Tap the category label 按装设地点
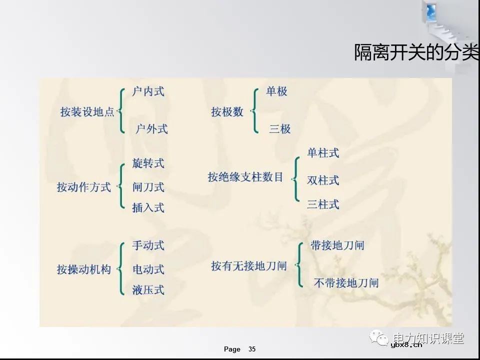(x=87, y=112)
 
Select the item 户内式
(x=148, y=91)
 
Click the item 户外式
(x=151, y=128)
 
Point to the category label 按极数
(x=227, y=112)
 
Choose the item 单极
(x=276, y=91)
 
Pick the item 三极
(x=279, y=128)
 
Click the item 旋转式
(x=148, y=163)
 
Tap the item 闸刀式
(x=148, y=187)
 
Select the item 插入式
(x=148, y=207)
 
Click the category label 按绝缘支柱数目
(x=245, y=177)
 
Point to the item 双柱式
(x=323, y=180)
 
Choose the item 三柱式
(x=323, y=204)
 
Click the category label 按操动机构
(x=83, y=269)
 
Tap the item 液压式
(x=148, y=290)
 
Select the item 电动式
(x=148, y=269)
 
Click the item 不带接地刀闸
(x=346, y=283)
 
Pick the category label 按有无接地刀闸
(x=248, y=266)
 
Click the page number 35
(x=252, y=349)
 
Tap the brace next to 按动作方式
(x=120, y=186)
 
